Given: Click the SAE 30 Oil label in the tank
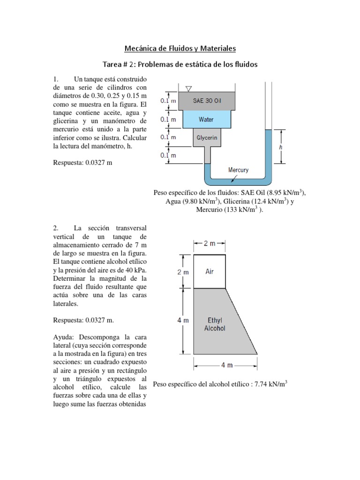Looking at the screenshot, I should point(207,101).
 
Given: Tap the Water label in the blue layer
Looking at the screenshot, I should point(206,120).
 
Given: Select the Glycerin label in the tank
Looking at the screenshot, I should point(206,138).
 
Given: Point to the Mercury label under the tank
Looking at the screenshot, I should point(238,170).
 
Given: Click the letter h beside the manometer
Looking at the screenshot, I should point(280,147).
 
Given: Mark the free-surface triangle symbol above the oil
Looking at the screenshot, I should point(188,89).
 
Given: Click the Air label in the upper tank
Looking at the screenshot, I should point(210,271).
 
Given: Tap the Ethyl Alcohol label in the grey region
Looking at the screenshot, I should point(215,324).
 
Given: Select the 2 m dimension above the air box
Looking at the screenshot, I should point(210,243).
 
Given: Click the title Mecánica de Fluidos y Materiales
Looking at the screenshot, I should point(180,48).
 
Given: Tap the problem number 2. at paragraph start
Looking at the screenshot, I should point(56,228).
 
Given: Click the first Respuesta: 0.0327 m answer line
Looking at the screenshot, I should point(83,163).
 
